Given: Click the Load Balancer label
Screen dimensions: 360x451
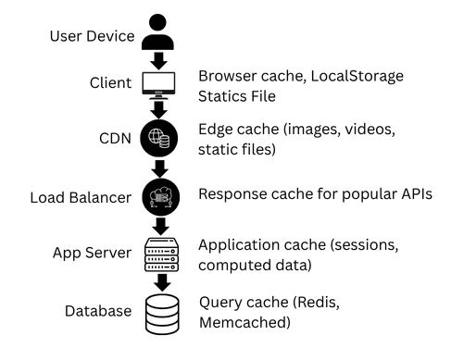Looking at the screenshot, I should pyautogui.click(x=81, y=197).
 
